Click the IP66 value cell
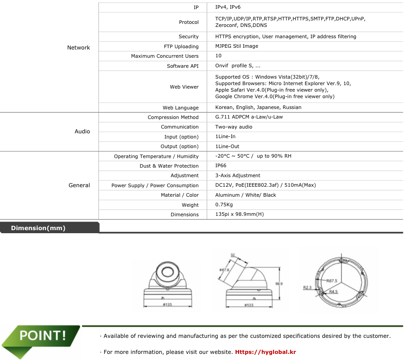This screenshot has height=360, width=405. [x=221, y=165]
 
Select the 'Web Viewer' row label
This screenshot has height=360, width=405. [x=184, y=87]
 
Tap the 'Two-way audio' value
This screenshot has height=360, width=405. [x=234, y=127]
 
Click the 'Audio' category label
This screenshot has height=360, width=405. [x=82, y=132]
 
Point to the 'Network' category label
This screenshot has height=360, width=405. [x=79, y=48]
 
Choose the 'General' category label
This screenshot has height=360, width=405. [x=79, y=185]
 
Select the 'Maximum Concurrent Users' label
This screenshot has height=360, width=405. [x=165, y=56]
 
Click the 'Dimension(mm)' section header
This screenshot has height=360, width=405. [x=38, y=228]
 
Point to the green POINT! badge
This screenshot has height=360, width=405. [x=42, y=336]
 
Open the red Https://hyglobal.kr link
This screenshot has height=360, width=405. [x=265, y=352]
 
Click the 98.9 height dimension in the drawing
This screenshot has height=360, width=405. [x=279, y=284]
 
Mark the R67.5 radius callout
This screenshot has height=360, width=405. [x=332, y=281]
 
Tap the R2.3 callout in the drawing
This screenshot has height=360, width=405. [x=307, y=287]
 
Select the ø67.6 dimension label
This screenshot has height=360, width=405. [x=224, y=270]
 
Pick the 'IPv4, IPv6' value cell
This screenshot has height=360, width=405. [x=228, y=7]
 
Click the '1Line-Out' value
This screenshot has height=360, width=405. [x=227, y=146]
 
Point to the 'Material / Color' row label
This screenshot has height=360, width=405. [x=179, y=195]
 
